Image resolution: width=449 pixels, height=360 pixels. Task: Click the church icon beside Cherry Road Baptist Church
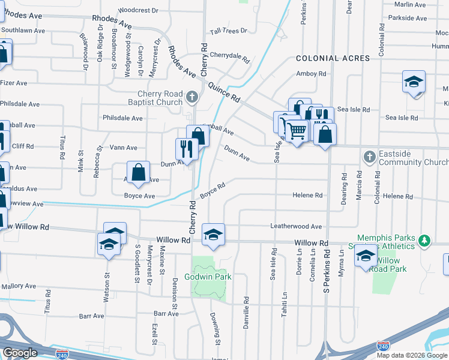[191, 96]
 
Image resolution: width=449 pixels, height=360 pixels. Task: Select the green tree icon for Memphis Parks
[425, 241]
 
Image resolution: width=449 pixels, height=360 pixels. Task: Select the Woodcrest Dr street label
[138, 11]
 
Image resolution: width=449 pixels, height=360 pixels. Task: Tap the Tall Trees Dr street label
[228, 31]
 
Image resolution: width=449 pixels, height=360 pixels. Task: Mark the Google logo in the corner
[20, 353]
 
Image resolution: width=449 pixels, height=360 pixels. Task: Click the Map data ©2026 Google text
[412, 355]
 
